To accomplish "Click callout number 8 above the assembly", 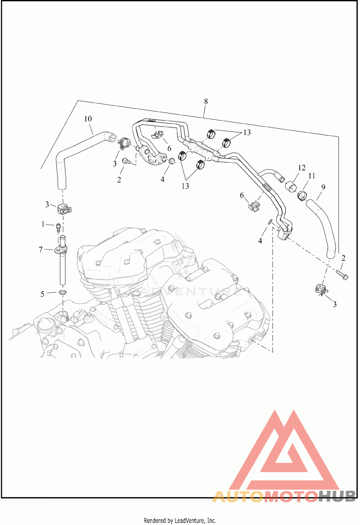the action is click(206, 101).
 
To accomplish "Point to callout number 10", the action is click(88, 119).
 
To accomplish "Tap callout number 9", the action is click(323, 186).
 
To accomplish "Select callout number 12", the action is click(301, 167).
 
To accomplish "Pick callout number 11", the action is click(311, 177).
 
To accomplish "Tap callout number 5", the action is click(43, 294).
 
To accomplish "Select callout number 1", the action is click(43, 224).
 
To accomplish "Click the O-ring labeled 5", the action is click(63, 294).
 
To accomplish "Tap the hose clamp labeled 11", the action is click(301, 195).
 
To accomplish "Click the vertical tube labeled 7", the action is click(63, 266).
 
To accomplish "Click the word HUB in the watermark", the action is click(337, 496).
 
